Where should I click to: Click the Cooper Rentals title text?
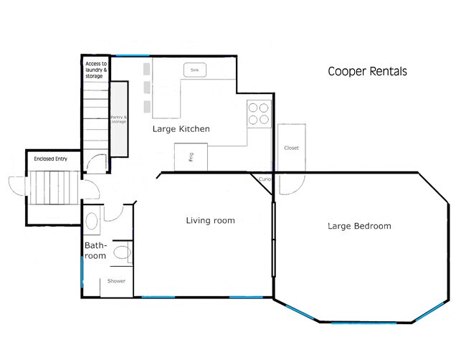pos(367,72)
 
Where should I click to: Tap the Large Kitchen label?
pos(181,129)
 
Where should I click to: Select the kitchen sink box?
pos(194,70)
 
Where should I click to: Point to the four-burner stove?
pos(259,113)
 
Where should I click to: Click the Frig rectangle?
pos(191,157)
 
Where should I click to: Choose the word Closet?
pos(291,148)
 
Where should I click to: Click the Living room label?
pos(210,220)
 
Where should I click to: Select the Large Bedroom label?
pos(359,226)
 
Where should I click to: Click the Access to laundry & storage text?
pos(95,70)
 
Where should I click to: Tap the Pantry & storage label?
pos(118,120)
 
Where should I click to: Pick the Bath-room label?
pos(95,250)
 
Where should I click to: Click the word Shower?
pos(116,281)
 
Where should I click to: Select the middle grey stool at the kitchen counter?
pos(146,87)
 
